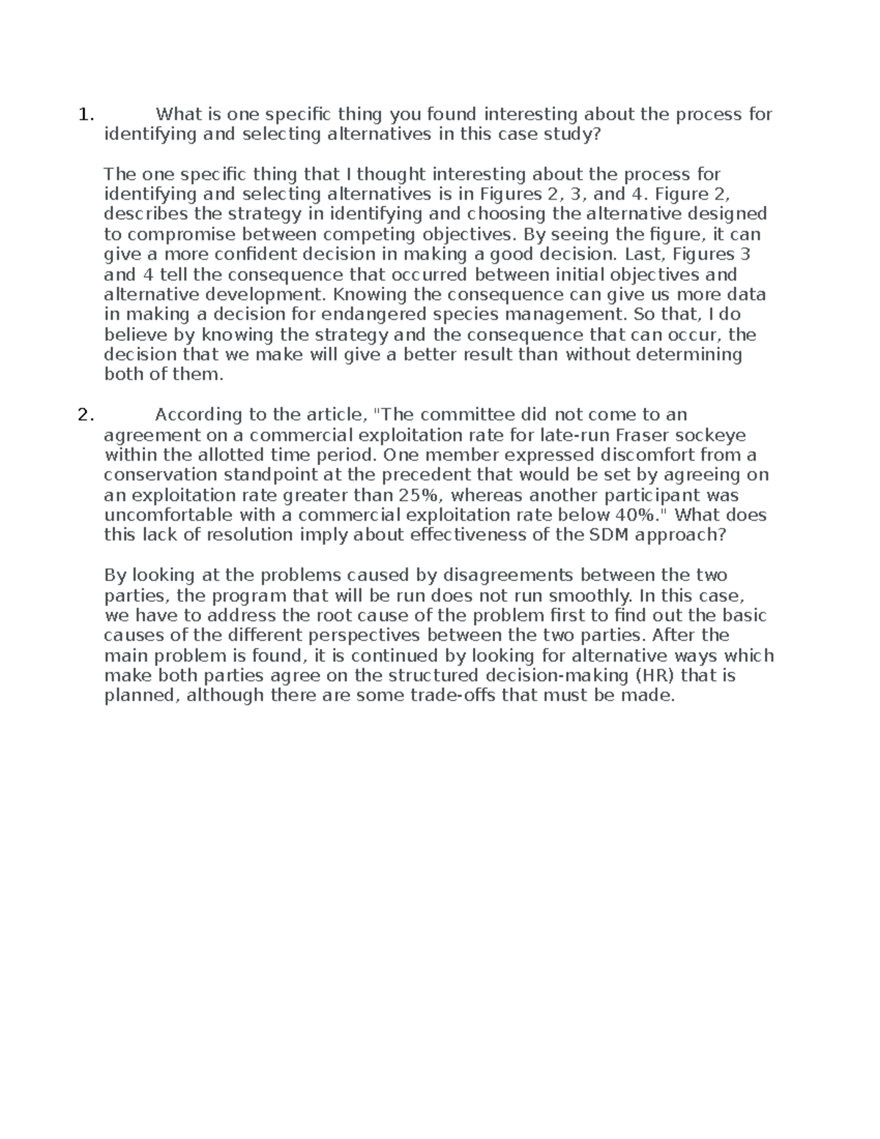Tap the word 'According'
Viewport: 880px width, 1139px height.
[x=200, y=415]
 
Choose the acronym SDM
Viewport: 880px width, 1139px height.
[x=606, y=535]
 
